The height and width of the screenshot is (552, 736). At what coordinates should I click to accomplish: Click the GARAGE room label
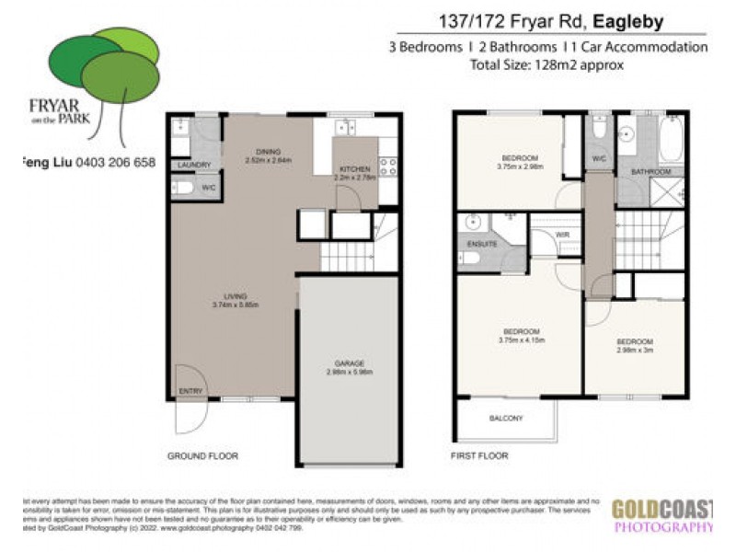(350, 364)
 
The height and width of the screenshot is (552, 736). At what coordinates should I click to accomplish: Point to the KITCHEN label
(354, 169)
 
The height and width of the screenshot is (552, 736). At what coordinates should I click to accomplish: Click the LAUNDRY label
(194, 166)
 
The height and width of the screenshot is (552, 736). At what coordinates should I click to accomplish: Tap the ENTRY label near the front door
(191, 391)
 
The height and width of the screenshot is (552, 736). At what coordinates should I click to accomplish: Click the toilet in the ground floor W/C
(182, 188)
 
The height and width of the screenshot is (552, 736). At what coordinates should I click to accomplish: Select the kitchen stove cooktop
(387, 167)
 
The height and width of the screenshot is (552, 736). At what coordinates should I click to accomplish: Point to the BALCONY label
(505, 419)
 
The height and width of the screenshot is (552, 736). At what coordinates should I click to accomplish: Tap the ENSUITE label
(483, 244)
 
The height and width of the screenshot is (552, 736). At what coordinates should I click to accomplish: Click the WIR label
(563, 236)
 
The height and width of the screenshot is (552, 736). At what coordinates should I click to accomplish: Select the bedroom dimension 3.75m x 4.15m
(520, 340)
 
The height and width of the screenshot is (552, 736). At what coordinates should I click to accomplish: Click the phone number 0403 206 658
(115, 163)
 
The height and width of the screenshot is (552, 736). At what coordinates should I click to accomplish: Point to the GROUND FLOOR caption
(202, 455)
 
